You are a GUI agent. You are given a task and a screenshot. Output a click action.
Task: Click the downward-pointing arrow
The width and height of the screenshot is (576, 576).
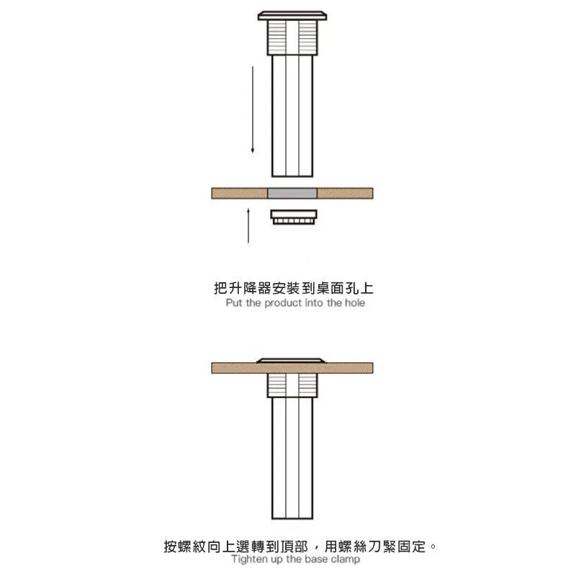[x=253, y=109]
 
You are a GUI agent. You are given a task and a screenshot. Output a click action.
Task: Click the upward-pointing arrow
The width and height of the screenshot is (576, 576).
[x=248, y=225]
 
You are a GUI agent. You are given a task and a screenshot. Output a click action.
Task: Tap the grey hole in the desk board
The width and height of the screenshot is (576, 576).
[x=292, y=193]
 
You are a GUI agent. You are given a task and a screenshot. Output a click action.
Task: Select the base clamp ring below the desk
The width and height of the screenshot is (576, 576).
[x=294, y=217]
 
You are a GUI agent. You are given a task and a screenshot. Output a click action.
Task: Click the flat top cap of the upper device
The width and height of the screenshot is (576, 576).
[x=292, y=16]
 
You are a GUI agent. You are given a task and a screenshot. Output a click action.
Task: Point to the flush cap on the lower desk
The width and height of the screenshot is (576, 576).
[x=291, y=361]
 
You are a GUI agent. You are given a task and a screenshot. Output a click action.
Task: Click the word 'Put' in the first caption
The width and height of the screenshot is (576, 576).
[x=234, y=303]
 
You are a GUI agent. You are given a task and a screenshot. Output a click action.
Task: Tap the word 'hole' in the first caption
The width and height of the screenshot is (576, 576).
[x=354, y=303]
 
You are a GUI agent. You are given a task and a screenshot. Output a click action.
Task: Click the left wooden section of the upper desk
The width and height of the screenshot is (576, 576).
[x=240, y=193]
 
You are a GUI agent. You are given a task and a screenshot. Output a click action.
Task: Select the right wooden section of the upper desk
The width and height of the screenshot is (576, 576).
[x=345, y=193]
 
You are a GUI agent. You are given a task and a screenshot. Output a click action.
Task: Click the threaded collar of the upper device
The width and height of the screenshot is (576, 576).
[x=292, y=38]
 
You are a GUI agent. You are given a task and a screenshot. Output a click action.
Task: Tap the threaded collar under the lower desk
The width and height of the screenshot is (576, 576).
[x=292, y=385]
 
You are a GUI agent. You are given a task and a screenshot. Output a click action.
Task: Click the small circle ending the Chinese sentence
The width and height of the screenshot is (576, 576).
[x=433, y=546]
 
